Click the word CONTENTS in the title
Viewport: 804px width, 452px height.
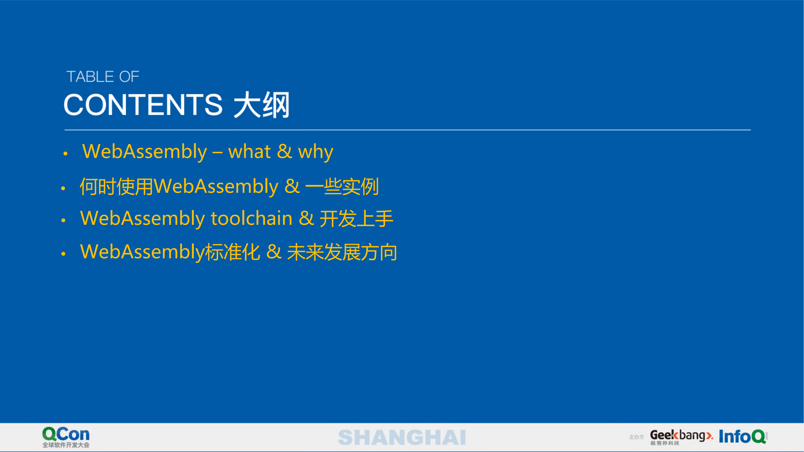tap(143, 105)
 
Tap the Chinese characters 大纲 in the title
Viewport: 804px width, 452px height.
tap(262, 105)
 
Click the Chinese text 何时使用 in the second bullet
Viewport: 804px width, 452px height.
tap(116, 187)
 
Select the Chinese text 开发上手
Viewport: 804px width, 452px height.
tap(356, 218)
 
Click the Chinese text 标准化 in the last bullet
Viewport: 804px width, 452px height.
tap(232, 252)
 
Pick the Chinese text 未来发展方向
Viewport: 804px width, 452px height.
tap(342, 252)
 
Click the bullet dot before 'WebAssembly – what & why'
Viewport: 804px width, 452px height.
tap(65, 154)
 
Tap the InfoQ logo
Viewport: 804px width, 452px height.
tap(742, 436)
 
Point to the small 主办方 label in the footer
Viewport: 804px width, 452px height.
tap(636, 437)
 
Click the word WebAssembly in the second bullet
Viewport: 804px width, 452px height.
tap(216, 187)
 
